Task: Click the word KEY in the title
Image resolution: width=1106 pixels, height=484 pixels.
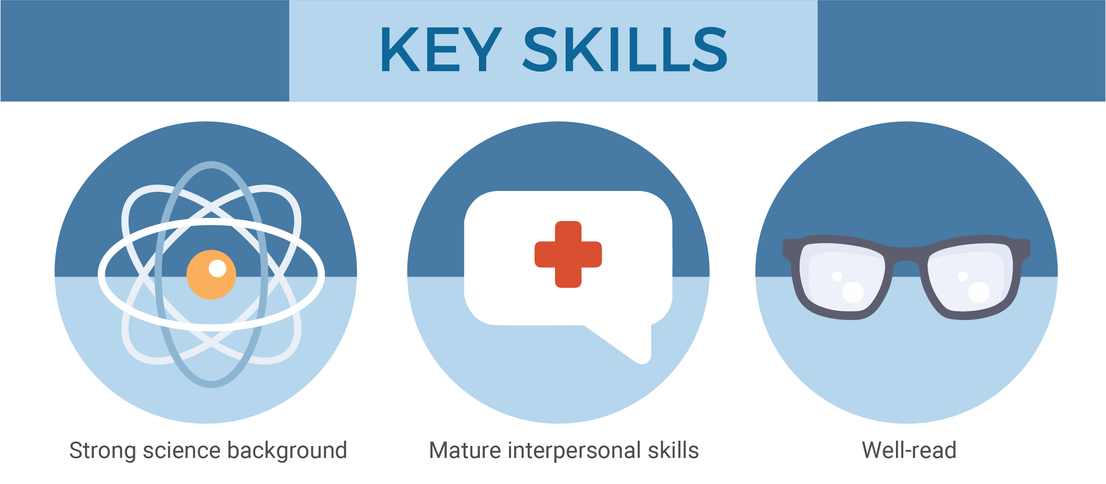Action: [442, 49]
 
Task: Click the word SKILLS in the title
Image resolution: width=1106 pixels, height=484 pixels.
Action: [625, 49]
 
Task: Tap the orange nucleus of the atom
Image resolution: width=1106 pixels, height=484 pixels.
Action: [211, 275]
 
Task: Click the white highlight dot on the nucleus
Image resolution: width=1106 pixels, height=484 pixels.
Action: [217, 268]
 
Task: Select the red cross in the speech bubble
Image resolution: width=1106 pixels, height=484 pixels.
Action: [568, 255]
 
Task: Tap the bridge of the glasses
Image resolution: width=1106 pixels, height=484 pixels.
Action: [907, 256]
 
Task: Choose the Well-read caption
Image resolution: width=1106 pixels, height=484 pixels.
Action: [909, 450]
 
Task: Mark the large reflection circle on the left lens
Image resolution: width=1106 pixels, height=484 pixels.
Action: [853, 292]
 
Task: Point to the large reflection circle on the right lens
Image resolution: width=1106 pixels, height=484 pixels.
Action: [979, 292]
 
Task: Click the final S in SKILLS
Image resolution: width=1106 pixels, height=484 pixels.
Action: [710, 49]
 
